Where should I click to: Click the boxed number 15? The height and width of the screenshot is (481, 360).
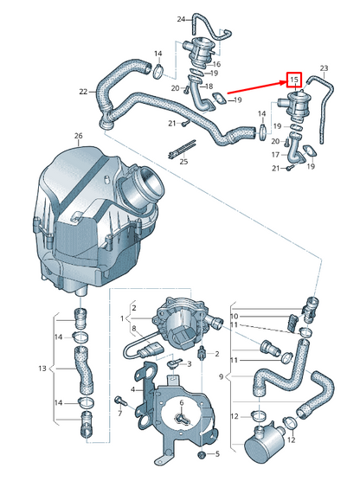(x=294, y=81)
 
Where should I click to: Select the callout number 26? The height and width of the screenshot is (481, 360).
(x=77, y=137)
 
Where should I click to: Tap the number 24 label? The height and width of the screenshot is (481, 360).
(x=181, y=18)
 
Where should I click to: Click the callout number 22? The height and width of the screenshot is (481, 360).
(x=82, y=91)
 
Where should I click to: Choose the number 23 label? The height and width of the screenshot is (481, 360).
(x=324, y=67)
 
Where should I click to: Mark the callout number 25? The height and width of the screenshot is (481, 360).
(x=183, y=161)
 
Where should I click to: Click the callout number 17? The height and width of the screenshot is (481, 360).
(x=276, y=154)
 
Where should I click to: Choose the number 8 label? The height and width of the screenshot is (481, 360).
(x=132, y=329)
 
